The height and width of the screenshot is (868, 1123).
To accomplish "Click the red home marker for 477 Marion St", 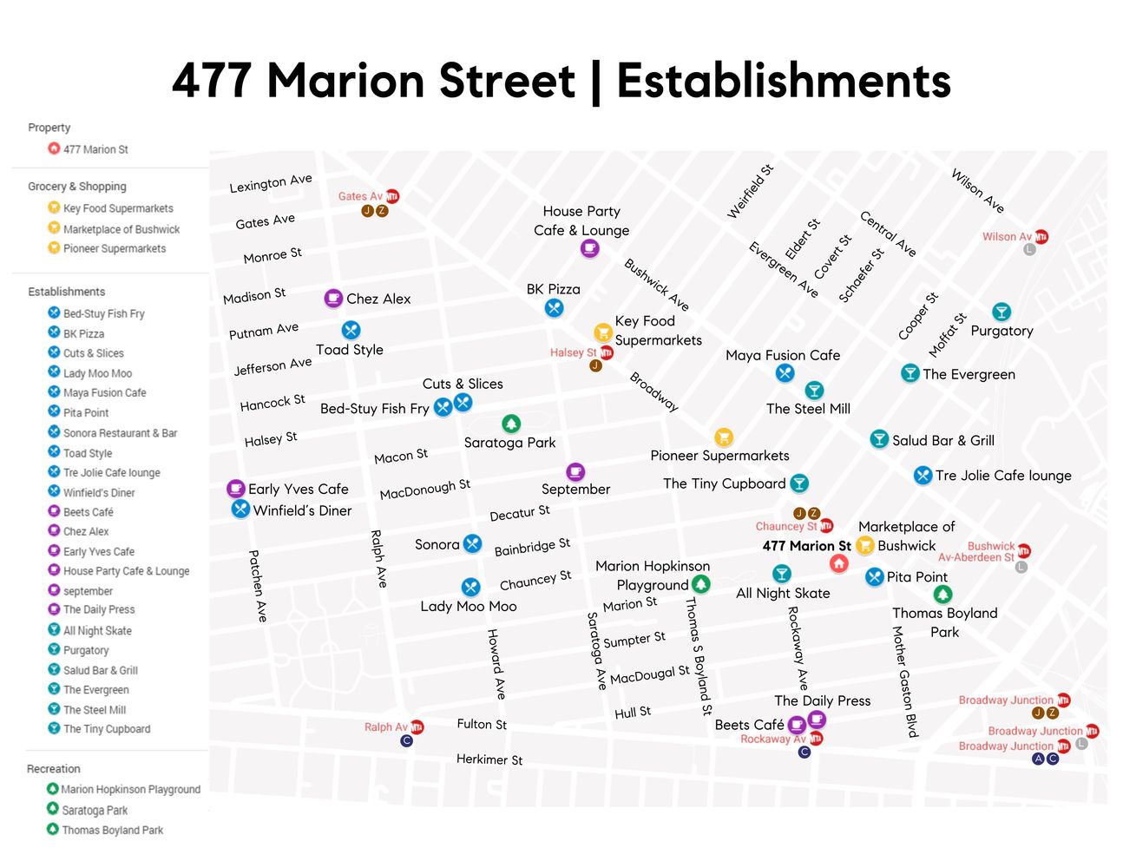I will [838, 564].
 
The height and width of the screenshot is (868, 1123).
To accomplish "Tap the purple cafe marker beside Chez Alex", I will [333, 299].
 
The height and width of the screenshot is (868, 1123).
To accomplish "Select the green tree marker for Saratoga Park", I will [511, 424].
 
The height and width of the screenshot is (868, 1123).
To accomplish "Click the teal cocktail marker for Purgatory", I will [1002, 312].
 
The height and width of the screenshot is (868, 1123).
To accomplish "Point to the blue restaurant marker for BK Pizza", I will [554, 308].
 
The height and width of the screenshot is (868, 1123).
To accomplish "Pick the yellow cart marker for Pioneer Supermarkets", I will [724, 437].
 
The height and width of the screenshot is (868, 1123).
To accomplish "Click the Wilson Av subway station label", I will [1007, 237].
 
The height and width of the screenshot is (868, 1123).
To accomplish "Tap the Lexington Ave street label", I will [271, 183].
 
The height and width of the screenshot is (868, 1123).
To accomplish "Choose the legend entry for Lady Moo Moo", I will [97, 373].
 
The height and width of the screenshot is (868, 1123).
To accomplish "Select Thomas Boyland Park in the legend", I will [112, 830].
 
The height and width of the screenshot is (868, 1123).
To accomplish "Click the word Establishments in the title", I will [784, 81].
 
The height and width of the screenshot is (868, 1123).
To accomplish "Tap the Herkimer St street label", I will [489, 759].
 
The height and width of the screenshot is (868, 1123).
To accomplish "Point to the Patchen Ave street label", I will [258, 585].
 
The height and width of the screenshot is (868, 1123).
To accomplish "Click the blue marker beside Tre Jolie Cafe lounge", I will [923, 476].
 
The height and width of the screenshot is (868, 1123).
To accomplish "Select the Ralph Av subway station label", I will [385, 727].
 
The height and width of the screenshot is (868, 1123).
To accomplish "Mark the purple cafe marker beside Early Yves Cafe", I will [235, 489].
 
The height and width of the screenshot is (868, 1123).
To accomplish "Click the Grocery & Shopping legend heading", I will [77, 187].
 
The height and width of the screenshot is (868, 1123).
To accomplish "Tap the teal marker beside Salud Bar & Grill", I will [879, 439].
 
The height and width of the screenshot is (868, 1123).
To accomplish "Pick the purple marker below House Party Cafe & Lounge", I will [589, 249].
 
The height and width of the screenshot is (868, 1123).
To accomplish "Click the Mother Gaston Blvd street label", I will [904, 681].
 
